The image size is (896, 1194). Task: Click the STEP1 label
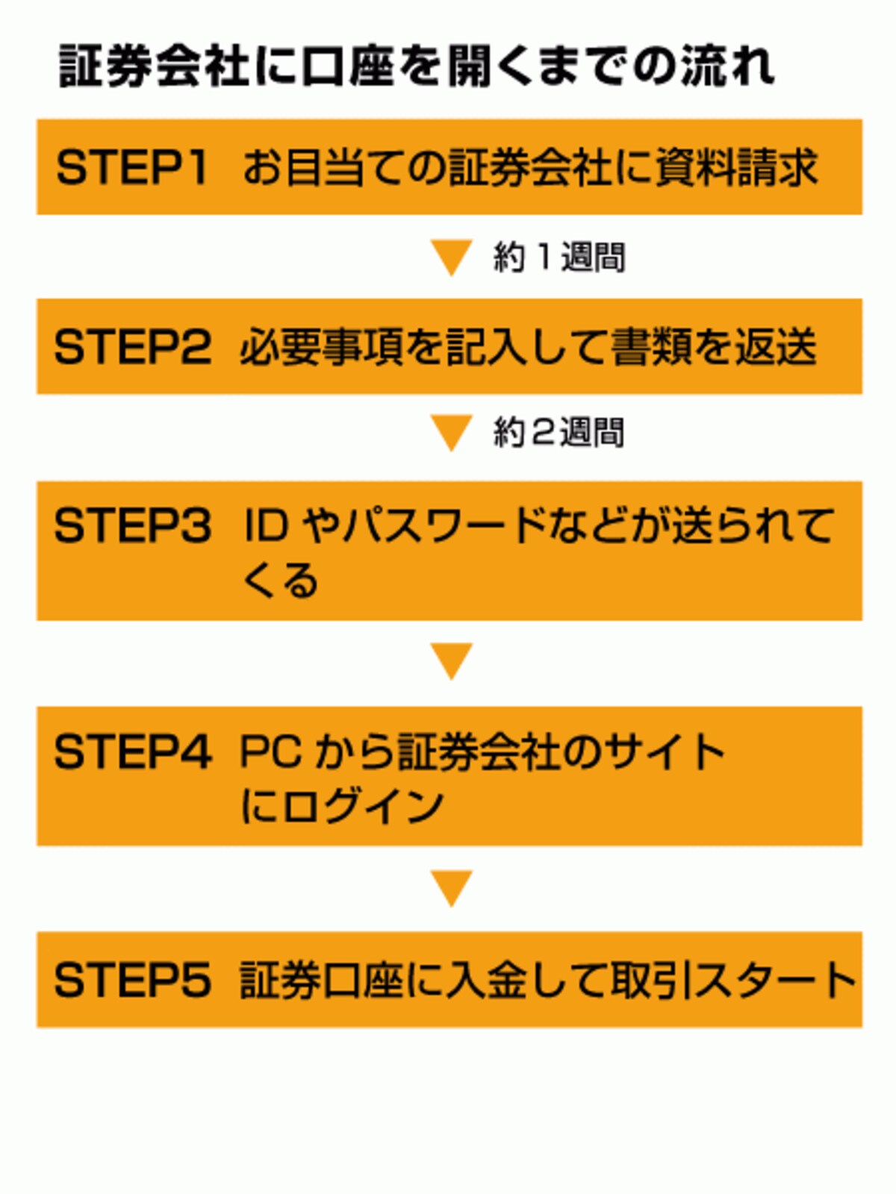coord(131,168)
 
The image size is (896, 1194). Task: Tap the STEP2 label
coord(132,347)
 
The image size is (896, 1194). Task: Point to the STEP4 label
coord(132,751)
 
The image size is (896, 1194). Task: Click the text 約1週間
coord(559,257)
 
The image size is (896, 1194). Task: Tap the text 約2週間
coord(559,432)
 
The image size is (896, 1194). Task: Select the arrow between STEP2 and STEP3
coord(451,433)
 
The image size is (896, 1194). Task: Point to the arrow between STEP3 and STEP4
coord(451,661)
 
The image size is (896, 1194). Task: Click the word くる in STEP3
coord(279,580)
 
